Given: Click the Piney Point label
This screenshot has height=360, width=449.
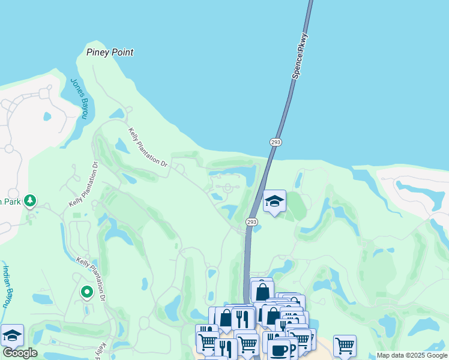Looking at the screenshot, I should tap(109, 52).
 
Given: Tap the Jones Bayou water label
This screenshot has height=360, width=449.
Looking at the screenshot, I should tap(79, 98).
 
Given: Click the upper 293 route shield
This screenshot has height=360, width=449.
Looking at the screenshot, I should tap(276, 142).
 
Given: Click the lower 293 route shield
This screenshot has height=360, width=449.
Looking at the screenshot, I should tap(252, 222).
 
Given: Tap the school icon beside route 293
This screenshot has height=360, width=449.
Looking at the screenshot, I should tap(274, 202).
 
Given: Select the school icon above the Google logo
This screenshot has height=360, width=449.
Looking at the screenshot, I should tap(12, 335).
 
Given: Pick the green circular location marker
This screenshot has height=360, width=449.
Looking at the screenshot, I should tap(86, 292).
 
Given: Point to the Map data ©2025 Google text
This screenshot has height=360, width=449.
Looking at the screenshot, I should tap(412, 355).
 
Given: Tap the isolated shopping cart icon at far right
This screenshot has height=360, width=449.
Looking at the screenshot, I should tap(345, 345).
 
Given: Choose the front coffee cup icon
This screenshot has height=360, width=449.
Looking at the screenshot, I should tap(279, 350).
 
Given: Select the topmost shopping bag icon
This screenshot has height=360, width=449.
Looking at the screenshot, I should tap(262, 292).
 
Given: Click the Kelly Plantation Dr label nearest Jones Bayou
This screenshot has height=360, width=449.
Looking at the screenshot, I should tap(148, 146).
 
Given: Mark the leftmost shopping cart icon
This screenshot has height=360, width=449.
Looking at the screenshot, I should tap(206, 341).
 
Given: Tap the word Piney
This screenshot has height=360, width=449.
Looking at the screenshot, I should tap(98, 52).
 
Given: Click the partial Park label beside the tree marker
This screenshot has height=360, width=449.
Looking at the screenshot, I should tap(10, 202).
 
